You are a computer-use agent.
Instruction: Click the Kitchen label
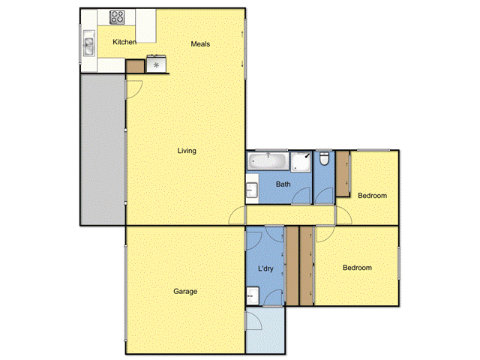[124, 43]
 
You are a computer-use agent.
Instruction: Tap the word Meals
[200, 43]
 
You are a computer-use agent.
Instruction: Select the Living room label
[187, 151]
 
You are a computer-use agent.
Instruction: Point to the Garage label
[185, 292]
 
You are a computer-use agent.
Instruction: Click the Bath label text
[283, 184]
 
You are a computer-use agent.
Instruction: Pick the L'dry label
[265, 269]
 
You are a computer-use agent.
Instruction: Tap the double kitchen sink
[89, 46]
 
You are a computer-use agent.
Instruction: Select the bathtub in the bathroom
[268, 160]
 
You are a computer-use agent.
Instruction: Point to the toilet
[323, 159]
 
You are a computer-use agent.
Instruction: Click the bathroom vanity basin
[252, 190]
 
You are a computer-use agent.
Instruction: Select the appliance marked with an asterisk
[156, 65]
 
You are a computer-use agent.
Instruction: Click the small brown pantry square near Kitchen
[133, 66]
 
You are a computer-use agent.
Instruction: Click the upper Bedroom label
[372, 196]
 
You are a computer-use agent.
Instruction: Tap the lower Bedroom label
[357, 268]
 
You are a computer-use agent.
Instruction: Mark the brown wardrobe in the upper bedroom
[343, 174]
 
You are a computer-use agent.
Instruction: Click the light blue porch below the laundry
[265, 330]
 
